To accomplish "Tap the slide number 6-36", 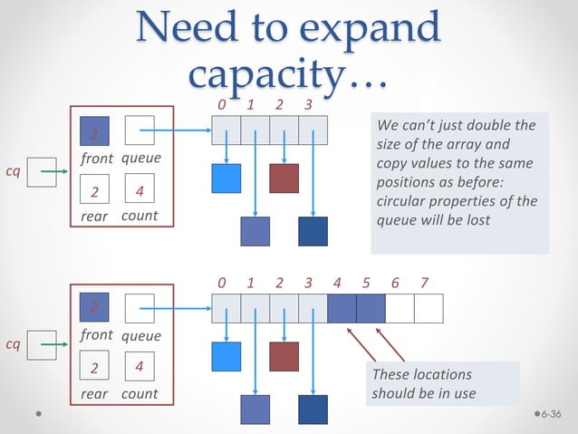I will pyautogui.click(x=551, y=415).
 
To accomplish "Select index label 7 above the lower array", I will pyautogui.click(x=424, y=283).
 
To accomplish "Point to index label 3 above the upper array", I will pyautogui.click(x=308, y=106).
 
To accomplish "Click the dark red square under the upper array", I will pyautogui.click(x=284, y=178).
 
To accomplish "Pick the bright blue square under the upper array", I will pyautogui.click(x=226, y=178).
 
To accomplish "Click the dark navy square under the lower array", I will pyautogui.click(x=313, y=410).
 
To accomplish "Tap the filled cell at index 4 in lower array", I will pyautogui.click(x=342, y=309).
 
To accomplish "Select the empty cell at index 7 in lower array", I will pyautogui.click(x=429, y=309).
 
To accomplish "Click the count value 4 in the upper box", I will pyautogui.click(x=139, y=191).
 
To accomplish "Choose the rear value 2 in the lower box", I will pyautogui.click(x=94, y=369).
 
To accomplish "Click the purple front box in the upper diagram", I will pyautogui.click(x=94, y=132).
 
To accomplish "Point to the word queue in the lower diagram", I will pyautogui.click(x=140, y=335).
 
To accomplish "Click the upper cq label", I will pyautogui.click(x=13, y=169).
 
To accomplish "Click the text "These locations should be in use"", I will pyautogui.click(x=422, y=384).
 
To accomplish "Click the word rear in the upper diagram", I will pyautogui.click(x=94, y=217).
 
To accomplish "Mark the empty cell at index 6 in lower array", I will pyautogui.click(x=400, y=309).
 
